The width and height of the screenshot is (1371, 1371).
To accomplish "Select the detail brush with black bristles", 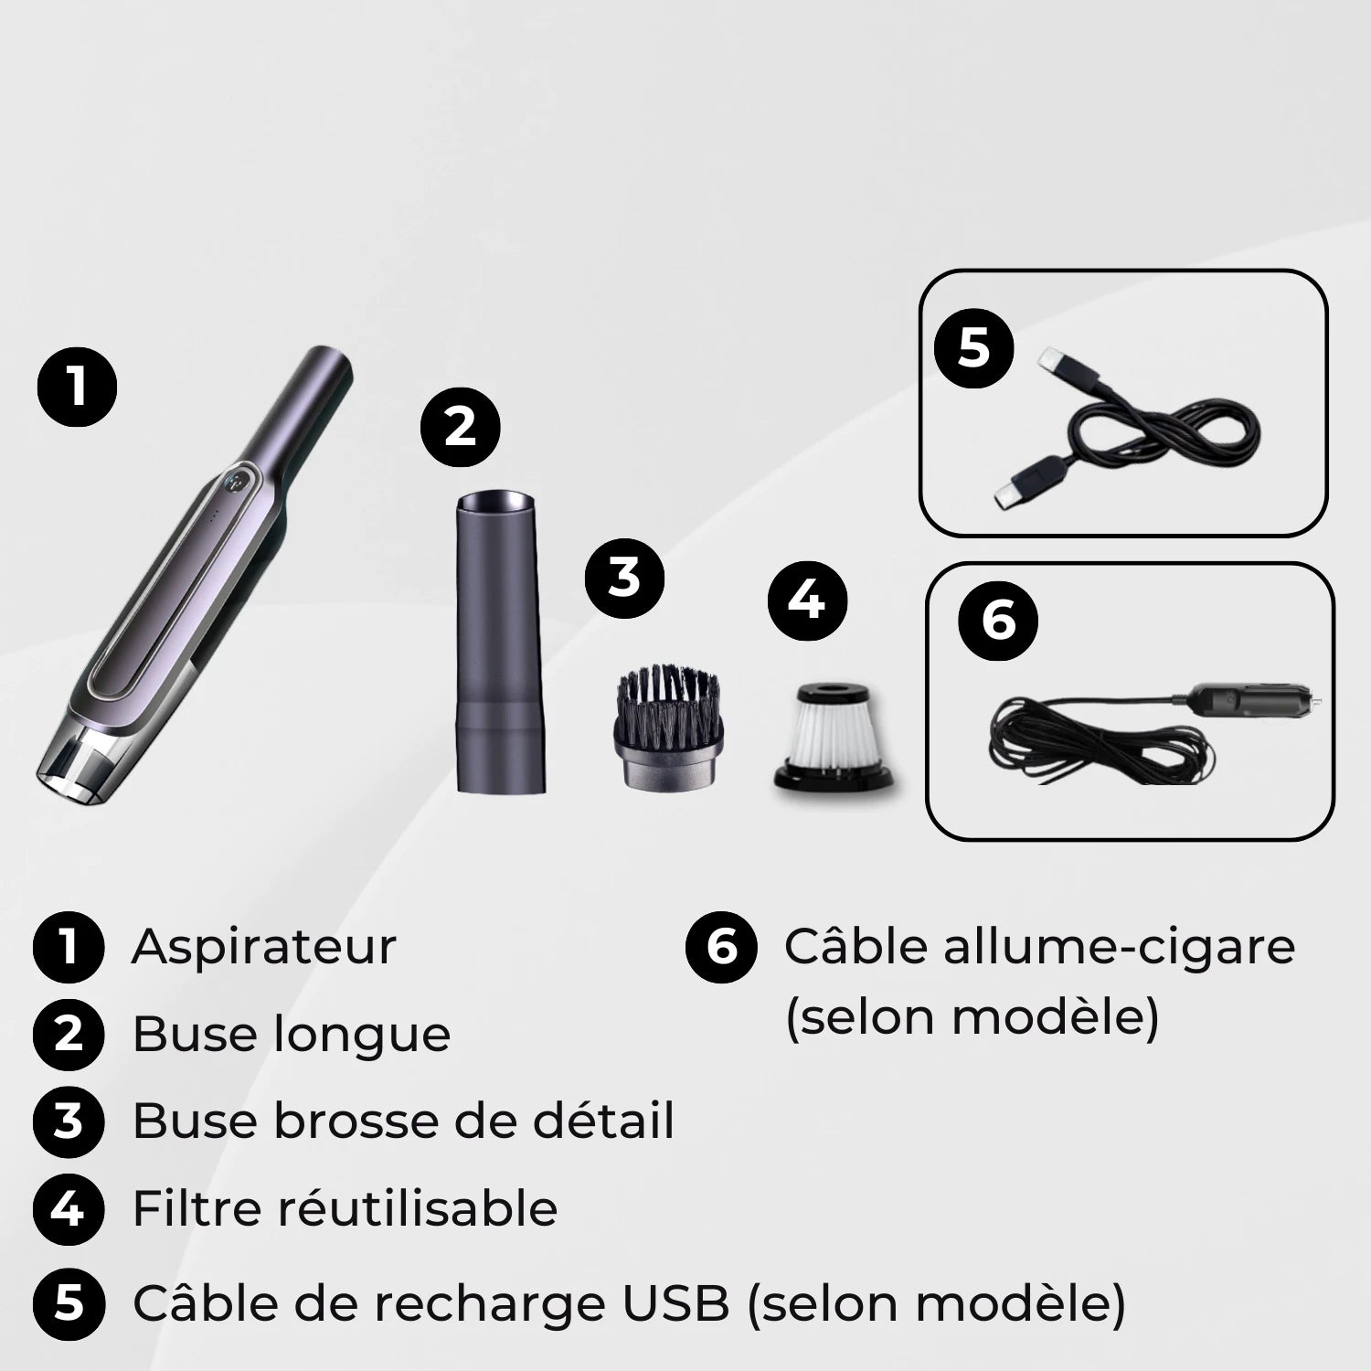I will coord(668,722).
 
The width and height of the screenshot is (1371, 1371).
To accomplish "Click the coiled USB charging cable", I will coord(1152,430).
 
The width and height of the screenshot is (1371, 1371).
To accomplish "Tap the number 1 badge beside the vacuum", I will coord(77,388).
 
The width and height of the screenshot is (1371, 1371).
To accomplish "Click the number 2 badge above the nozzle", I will coord(460,428).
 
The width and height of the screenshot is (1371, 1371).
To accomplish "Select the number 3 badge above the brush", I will coord(624,579).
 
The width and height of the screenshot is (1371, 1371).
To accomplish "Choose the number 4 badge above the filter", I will coord(808,601).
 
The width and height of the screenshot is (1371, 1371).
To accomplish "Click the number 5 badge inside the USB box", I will coord(974,348).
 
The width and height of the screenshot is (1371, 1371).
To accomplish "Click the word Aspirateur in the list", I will coord(264,947).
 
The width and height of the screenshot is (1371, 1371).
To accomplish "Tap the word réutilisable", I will coord(417,1209).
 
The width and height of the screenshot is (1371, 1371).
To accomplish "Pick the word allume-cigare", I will coord(1119,947).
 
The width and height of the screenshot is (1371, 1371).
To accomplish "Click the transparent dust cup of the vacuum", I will coord(78,763).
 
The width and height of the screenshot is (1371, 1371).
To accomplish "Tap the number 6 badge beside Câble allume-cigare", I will coord(721,947).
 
